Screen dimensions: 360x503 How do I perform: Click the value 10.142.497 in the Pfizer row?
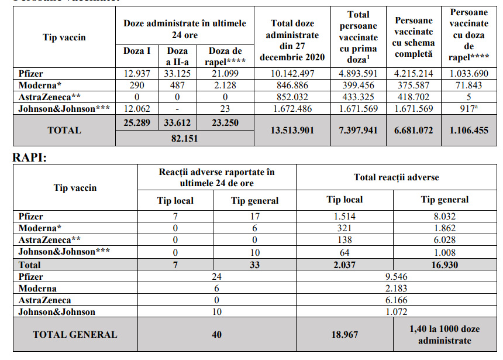[x=293, y=74]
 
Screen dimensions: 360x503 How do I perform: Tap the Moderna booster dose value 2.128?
[x=226, y=85]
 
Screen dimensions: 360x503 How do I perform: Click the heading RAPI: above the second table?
[x=29, y=157]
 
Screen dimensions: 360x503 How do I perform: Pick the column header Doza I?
[x=137, y=51]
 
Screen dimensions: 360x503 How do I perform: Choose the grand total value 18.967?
[x=344, y=335]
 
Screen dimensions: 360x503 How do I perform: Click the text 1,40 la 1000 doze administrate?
[x=445, y=335]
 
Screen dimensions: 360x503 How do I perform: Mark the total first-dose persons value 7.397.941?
[x=358, y=130]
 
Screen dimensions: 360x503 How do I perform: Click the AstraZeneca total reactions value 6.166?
[x=396, y=300]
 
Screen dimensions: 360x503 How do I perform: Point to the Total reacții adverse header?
[x=396, y=177]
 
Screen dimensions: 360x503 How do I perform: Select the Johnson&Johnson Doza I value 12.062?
[x=137, y=109]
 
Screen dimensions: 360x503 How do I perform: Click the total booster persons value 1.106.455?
[x=468, y=130]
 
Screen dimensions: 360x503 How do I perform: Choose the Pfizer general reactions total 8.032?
[x=445, y=217]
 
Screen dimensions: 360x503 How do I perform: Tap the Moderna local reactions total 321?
[x=344, y=228]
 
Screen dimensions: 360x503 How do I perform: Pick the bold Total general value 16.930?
[x=445, y=265]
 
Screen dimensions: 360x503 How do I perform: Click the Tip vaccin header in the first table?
[x=64, y=37]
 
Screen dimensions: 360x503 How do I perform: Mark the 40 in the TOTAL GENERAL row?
[x=216, y=335]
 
